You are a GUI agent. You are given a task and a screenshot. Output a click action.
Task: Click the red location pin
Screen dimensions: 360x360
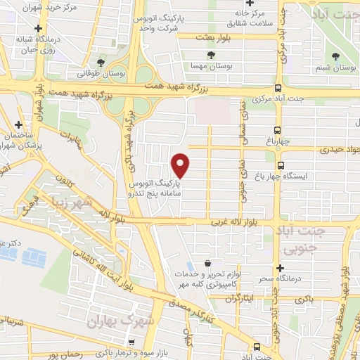click(181, 165)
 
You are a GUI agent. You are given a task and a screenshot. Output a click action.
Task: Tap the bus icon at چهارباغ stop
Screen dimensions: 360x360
click(277, 130)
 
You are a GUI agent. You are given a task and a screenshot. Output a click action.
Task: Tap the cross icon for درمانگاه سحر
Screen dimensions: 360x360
click(280, 269)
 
